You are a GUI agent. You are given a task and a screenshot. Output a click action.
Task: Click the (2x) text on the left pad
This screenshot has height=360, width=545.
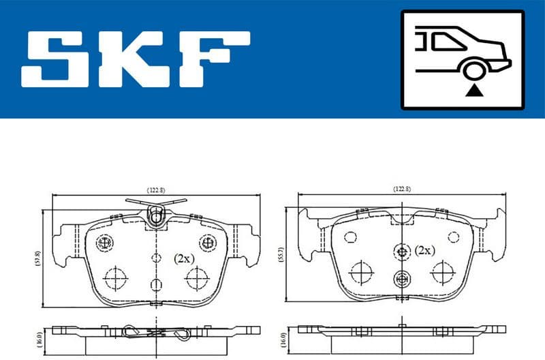[183, 258]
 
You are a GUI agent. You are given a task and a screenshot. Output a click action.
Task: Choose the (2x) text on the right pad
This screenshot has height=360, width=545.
[424, 250]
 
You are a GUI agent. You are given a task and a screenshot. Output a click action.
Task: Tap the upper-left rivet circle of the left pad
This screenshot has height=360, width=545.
[104, 242]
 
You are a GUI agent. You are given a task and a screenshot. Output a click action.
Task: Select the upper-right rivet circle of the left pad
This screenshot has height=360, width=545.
[206, 242]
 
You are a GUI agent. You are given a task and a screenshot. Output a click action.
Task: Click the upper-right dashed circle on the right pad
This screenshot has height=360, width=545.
[452, 237]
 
